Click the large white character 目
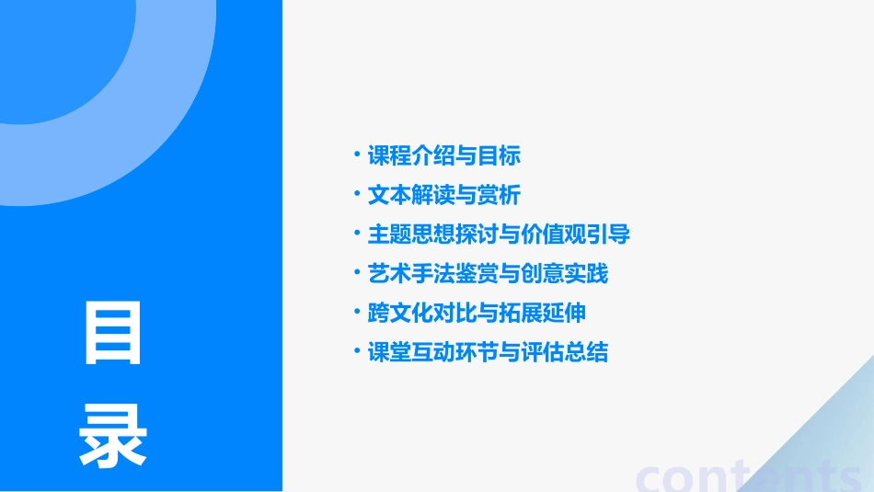[113, 334]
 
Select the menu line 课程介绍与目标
[443, 155]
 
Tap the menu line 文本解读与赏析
[443, 195]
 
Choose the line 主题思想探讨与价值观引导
[499, 235]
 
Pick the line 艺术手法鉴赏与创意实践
[488, 274]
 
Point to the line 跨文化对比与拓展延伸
[477, 313]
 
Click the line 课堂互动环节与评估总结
[488, 352]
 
